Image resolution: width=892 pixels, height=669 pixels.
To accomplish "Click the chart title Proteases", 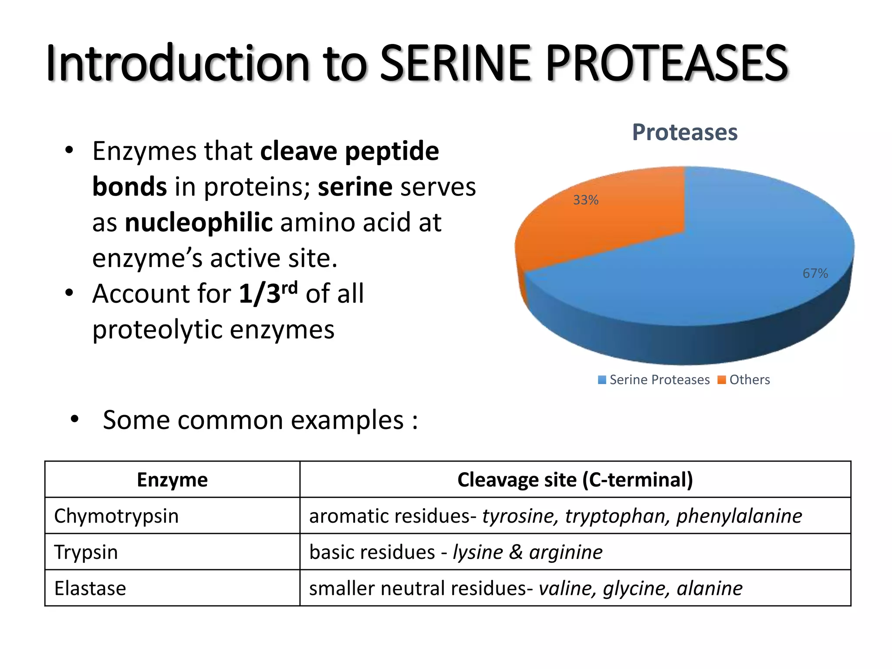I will coord(684,132).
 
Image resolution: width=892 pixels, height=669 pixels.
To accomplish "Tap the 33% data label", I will coord(585,200).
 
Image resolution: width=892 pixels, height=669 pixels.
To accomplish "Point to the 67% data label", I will coord(815,274).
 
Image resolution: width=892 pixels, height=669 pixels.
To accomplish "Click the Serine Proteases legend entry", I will coord(654,380).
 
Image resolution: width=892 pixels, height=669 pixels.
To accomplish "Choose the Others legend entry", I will coord(744,380).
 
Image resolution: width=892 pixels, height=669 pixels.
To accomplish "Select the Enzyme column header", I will coord(172,480).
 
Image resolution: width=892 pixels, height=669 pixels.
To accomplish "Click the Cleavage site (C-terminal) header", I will coord(575,480).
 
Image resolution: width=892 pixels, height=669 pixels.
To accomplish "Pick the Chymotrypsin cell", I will coord(116,516).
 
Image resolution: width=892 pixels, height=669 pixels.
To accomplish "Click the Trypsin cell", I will coord(86,552).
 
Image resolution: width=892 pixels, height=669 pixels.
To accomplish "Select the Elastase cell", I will coord(90,588).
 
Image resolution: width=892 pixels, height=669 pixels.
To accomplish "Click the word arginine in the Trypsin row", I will coord(566,552).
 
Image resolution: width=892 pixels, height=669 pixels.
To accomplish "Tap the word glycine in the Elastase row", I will coord(635,588).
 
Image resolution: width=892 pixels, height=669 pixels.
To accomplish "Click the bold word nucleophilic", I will coord(199,222).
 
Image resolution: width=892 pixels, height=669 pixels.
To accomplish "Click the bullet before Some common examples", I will coord(74,419).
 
